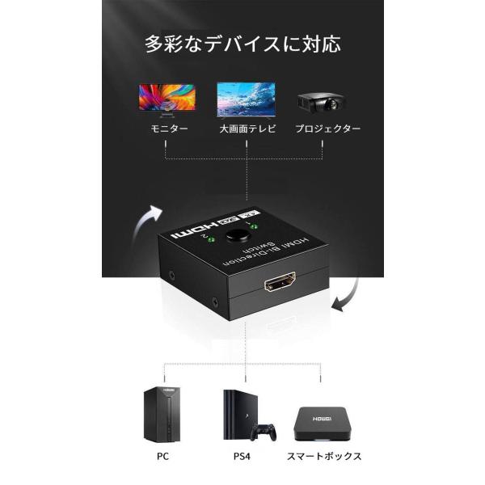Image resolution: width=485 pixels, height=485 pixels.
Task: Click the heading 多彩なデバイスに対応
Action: coord(242,42)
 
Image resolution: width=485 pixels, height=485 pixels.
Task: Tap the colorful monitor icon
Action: coord(167,99)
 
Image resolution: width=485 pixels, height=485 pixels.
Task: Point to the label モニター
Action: coord(167,130)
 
